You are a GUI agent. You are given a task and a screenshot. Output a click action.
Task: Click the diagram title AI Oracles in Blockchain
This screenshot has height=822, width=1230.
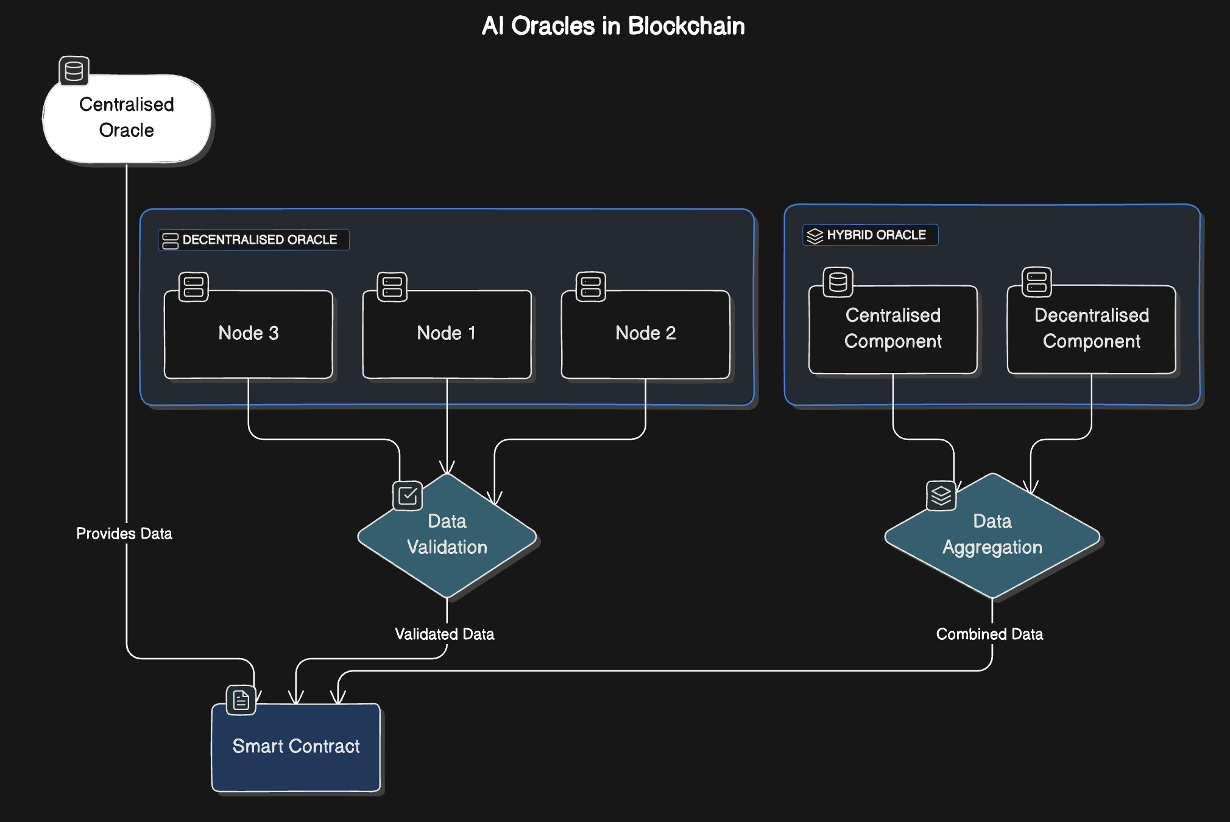pos(613,26)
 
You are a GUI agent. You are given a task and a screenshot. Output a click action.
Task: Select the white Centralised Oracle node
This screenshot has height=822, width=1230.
pos(127,118)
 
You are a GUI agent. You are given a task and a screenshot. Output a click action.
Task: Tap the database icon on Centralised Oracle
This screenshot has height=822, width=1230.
pos(74,71)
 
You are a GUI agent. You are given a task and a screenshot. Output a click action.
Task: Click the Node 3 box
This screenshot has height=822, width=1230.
pos(249,334)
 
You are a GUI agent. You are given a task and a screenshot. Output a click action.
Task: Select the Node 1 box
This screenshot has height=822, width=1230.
pos(447,334)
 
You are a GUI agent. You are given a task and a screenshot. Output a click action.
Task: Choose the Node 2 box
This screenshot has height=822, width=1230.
pos(645,334)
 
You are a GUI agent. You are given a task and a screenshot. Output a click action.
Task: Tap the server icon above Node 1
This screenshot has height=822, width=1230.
pos(392,287)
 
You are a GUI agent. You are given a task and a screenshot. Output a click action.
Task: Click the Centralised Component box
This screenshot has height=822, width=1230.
pos(892,329)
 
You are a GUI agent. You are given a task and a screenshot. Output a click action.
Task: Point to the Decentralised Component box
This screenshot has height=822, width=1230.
pos(1091,329)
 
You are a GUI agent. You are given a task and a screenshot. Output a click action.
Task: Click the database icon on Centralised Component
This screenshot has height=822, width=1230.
pos(838,282)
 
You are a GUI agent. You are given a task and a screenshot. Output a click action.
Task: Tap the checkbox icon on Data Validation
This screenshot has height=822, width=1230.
pos(408,495)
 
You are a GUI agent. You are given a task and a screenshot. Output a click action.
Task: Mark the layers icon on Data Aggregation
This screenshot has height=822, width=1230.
pos(941,495)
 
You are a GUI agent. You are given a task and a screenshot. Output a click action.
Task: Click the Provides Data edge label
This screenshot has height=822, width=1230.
pos(124,534)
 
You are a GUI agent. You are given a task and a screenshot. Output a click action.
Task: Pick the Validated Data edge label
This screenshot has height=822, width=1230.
pos(444,634)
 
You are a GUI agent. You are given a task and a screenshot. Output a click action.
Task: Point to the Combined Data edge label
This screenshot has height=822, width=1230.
pos(989,634)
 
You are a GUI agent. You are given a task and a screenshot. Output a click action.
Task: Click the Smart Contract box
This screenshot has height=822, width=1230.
pos(296,747)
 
